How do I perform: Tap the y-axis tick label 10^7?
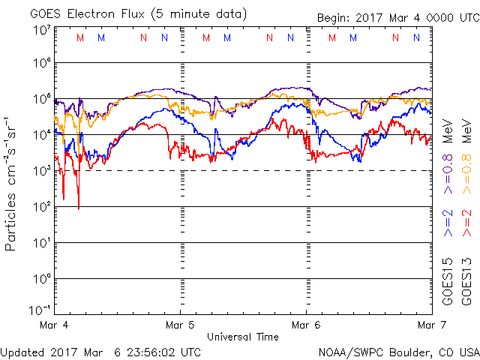(x=42, y=31)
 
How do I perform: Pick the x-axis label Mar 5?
(x=180, y=325)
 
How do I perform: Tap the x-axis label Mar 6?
(x=306, y=325)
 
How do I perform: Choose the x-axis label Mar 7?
(x=429, y=325)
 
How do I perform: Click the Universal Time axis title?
(x=243, y=337)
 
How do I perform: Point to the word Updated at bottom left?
(x=22, y=351)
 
